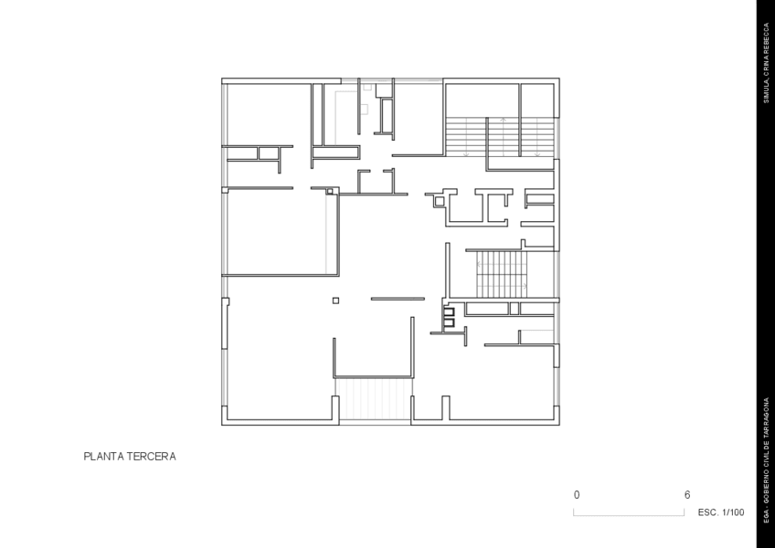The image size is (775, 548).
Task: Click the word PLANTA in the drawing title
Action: [x=103, y=455]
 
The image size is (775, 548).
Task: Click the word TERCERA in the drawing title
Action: [x=151, y=455]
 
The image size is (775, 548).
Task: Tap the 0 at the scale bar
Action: [x=577, y=494]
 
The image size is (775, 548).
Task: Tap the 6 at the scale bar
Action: [x=686, y=494]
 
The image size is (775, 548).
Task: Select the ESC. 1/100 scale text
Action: [x=720, y=512]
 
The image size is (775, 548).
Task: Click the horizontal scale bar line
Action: [x=630, y=515]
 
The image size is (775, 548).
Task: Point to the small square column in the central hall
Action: [x=335, y=300]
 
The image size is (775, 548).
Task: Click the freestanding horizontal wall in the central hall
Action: [x=398, y=299]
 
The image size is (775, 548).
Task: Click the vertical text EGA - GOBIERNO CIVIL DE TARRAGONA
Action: [x=767, y=456]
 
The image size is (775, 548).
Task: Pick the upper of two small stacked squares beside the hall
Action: [x=449, y=311]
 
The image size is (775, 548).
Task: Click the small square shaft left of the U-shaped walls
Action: [x=439, y=202]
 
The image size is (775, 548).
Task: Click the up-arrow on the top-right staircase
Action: [x=503, y=121]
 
